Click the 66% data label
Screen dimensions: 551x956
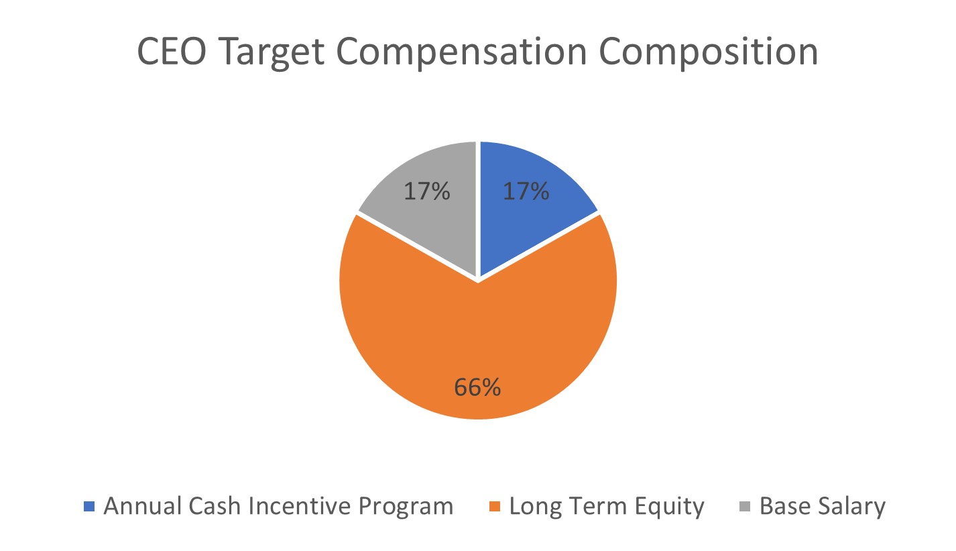tap(477, 388)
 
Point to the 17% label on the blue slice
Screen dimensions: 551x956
tap(526, 192)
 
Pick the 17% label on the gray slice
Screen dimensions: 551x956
tap(426, 192)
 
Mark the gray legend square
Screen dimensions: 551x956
tap(747, 506)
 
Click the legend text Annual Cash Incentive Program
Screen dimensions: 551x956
tap(278, 506)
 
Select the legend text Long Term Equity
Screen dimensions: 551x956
tap(607, 506)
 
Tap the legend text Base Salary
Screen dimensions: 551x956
tap(822, 506)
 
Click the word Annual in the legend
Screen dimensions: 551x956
tap(136, 506)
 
